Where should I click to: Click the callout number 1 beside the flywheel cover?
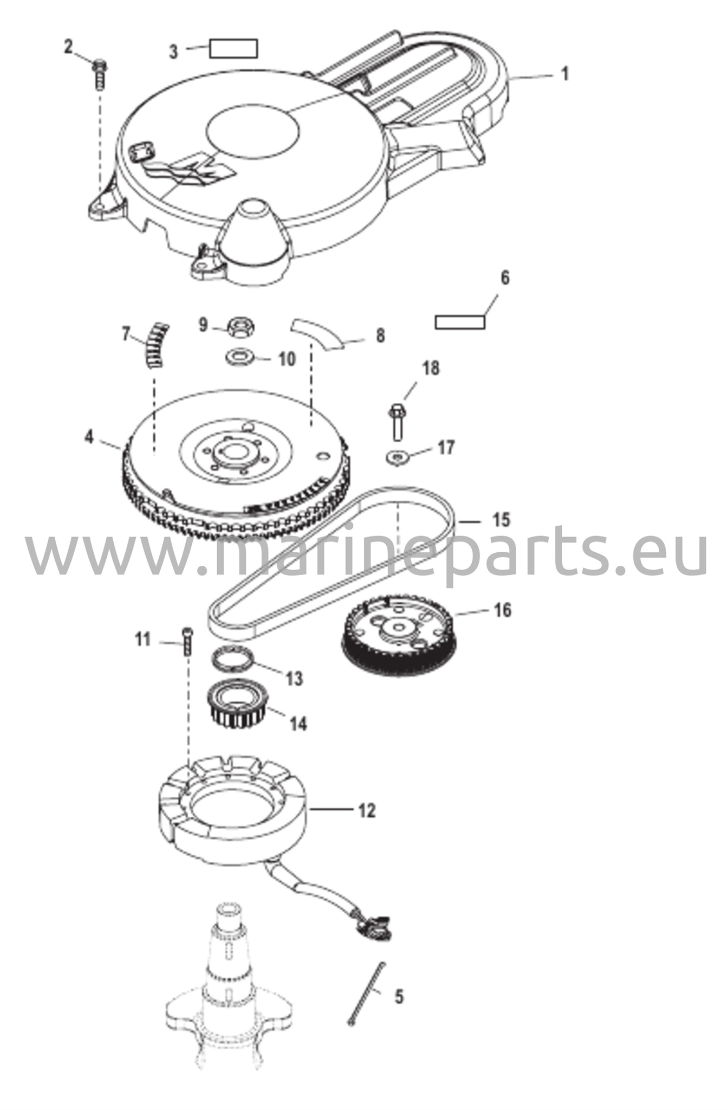click(565, 74)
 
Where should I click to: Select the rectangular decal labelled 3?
click(233, 48)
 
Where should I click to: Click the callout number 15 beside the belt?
click(502, 519)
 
